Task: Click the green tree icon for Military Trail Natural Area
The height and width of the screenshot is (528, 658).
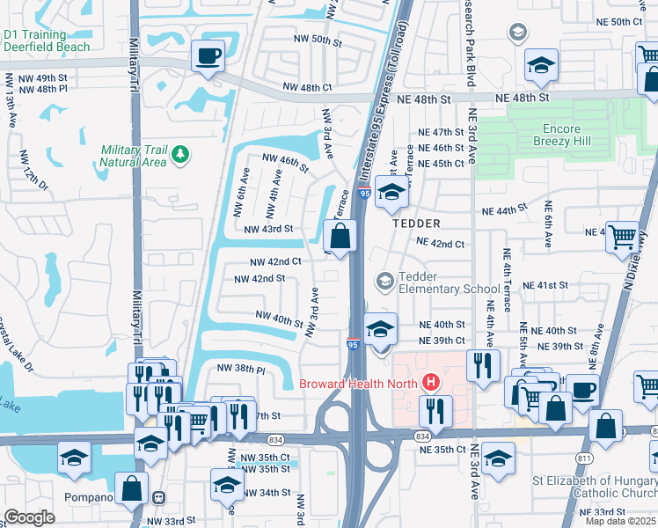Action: tap(180, 155)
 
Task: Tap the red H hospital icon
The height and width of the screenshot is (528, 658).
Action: tap(430, 383)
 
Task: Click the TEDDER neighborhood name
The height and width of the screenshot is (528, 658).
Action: tap(415, 224)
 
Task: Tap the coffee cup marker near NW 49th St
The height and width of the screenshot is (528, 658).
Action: tap(208, 56)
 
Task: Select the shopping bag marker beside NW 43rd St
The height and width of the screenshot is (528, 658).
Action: tap(340, 236)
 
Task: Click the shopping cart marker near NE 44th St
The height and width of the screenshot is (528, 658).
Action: tap(622, 237)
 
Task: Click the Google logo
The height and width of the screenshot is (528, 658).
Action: tap(30, 517)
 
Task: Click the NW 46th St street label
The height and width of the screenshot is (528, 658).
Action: tap(286, 162)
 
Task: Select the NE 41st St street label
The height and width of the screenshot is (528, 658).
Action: tap(546, 286)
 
